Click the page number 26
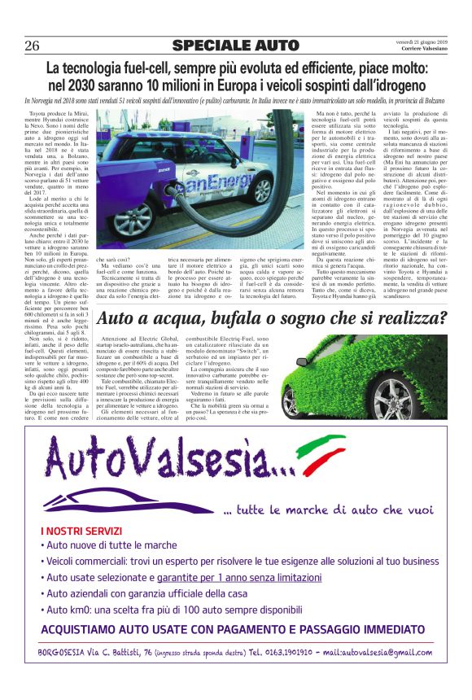tap(33, 45)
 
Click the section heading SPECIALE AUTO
tap(224, 45)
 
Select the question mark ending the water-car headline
tap(440, 318)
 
